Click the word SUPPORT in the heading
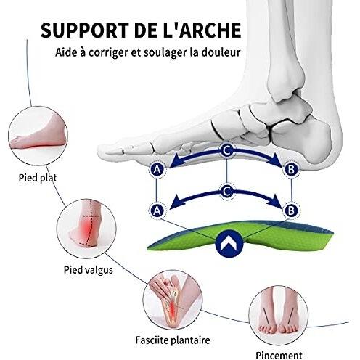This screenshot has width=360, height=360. [84, 30]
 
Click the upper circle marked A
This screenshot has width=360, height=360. [157, 170]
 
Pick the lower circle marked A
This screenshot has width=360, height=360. [157, 210]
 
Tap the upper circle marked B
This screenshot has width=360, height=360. [291, 169]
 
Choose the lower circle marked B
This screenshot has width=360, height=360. [291, 210]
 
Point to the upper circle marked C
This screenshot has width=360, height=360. [226, 150]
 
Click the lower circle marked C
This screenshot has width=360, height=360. [226, 191]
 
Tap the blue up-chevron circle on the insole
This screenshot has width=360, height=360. [229, 243]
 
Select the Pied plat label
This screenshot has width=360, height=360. [38, 178]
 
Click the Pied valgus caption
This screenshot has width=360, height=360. [89, 269]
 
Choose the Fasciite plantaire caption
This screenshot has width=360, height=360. [173, 340]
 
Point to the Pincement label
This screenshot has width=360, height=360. [279, 356]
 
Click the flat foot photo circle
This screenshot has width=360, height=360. [38, 136]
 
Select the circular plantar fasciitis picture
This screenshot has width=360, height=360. [173, 300]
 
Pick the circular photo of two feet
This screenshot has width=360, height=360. [279, 315]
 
